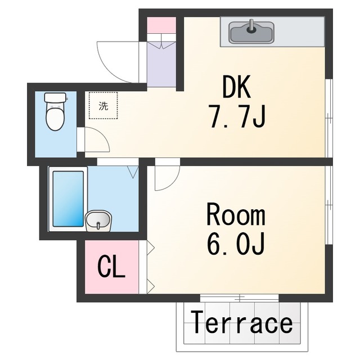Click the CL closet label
111,267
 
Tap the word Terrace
241,324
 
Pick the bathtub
67,197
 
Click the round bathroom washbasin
99,220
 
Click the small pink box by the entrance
161,25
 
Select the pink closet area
111,268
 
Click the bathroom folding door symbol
133,171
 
